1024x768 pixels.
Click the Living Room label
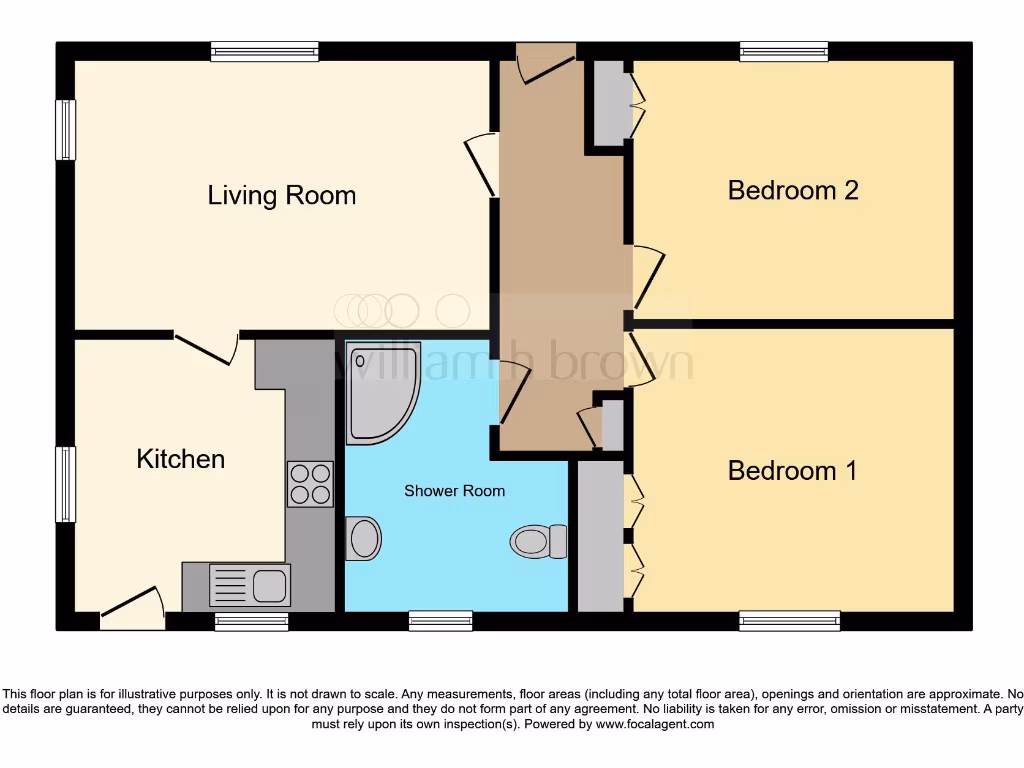[281, 195]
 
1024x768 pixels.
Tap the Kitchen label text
[180, 459]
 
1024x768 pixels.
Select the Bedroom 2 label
[793, 190]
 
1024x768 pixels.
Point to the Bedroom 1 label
[792, 470]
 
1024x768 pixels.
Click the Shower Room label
[454, 491]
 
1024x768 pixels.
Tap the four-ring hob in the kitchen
[310, 484]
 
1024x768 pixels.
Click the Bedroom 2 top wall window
[783, 51]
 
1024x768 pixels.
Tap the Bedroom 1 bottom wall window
[790, 621]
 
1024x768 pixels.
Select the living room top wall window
[265, 51]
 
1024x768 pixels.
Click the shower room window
[440, 621]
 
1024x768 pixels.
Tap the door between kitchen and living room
[206, 346]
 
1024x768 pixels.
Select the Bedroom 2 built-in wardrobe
[608, 102]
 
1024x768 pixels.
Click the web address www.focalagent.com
[656, 724]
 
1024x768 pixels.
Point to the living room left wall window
[65, 130]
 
